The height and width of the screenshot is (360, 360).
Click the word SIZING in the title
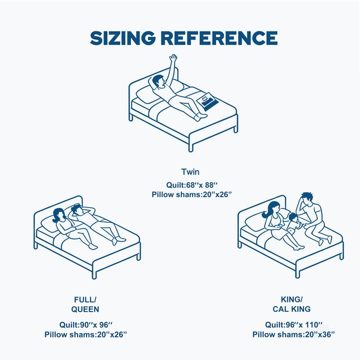click(122, 38)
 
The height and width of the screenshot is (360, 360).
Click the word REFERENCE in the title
click(219, 38)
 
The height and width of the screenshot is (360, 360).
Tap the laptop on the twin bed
click(207, 101)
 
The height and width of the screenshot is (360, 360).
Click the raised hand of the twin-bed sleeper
click(173, 58)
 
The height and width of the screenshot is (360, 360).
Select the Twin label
click(190, 172)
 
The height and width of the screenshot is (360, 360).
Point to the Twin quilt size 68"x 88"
click(192, 185)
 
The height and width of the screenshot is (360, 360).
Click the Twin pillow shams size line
click(192, 194)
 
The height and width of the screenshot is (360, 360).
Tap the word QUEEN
click(85, 309)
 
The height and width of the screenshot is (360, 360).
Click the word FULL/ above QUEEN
click(85, 300)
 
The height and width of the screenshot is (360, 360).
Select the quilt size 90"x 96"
click(86, 324)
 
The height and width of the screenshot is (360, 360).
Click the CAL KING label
click(292, 309)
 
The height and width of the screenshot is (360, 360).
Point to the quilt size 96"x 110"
click(294, 324)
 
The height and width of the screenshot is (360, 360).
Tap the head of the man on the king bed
click(306, 199)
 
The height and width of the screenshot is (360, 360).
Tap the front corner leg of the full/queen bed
click(94, 275)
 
